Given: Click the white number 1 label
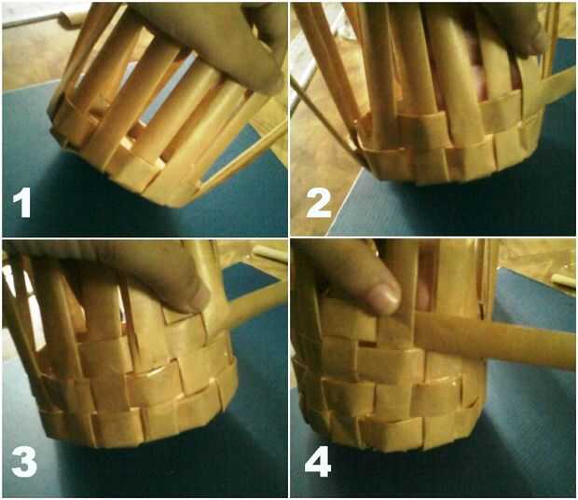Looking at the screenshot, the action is click(x=22, y=205).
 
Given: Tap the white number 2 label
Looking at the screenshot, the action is click(x=319, y=205).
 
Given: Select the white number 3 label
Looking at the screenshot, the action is click(x=24, y=464).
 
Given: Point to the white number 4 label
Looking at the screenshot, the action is click(x=318, y=464).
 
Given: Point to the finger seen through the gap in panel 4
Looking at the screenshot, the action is click(x=423, y=294).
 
